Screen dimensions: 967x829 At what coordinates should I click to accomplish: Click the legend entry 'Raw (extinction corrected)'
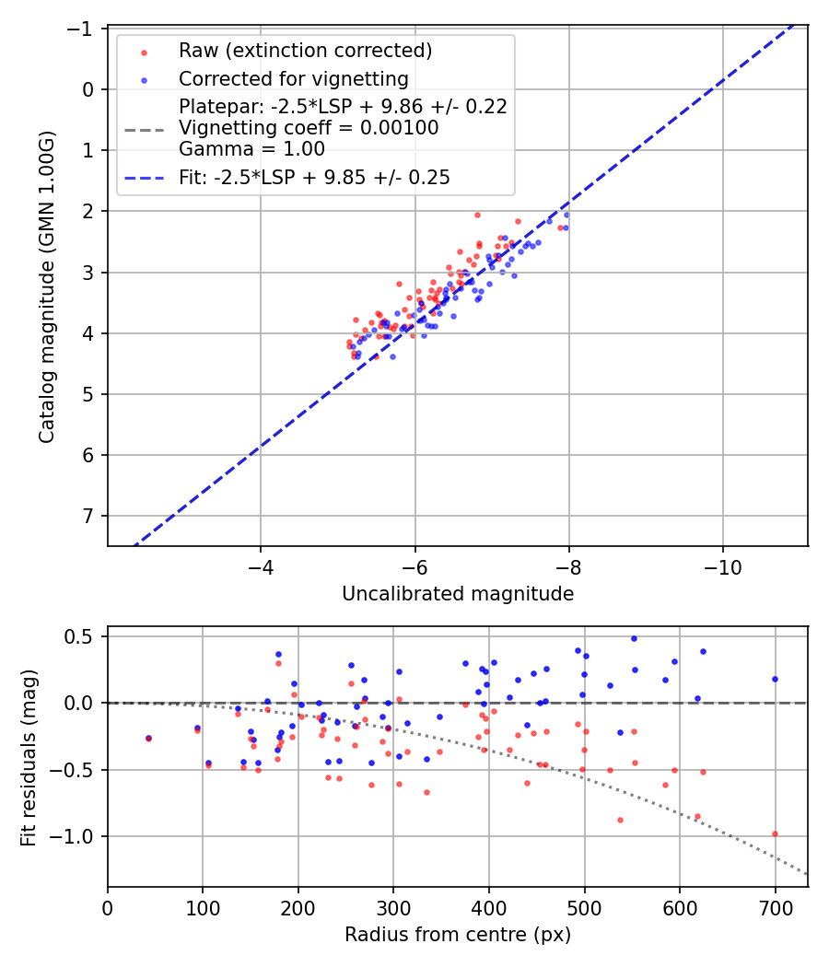coord(305,50)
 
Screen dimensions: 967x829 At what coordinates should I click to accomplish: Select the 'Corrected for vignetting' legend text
coord(293,78)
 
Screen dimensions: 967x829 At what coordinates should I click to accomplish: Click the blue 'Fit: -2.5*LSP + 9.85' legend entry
coord(314,178)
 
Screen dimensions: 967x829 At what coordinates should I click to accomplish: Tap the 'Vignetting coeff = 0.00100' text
coord(309,128)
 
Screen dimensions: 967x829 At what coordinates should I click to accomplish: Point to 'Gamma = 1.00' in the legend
coord(251,148)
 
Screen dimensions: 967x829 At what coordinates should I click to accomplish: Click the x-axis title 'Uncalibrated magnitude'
coord(458,594)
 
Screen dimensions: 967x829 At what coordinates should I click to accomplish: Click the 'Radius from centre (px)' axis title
coord(458,935)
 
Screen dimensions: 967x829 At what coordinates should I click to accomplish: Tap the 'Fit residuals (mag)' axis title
coord(29,756)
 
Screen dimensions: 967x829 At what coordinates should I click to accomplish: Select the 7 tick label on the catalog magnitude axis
coord(89,516)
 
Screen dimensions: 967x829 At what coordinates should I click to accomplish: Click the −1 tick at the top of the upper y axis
coord(83,29)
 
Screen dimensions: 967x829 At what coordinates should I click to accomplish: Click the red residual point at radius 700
coord(775,833)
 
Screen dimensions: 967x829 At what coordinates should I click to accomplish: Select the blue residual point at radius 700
coord(775,679)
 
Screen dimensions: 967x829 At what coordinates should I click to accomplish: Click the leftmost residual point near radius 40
coord(148,738)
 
